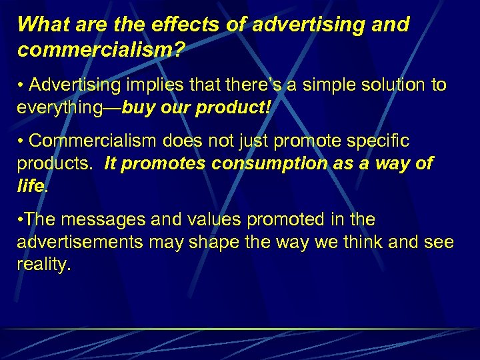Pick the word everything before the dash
(58, 107)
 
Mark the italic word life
(29, 185)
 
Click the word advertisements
(79, 241)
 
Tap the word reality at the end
(43, 263)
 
